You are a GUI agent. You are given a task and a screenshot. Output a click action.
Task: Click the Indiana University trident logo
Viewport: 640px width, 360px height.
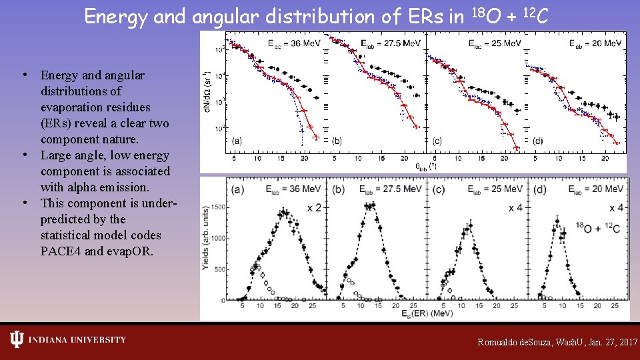pyautogui.click(x=17, y=340)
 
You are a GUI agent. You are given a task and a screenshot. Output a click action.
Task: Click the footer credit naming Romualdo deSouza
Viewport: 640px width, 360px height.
pyautogui.click(x=557, y=341)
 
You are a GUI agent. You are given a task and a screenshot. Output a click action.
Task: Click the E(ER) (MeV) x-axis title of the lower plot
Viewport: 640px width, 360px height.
pyautogui.click(x=414, y=314)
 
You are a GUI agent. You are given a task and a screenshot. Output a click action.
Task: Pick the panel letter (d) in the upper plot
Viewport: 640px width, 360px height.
pyautogui.click(x=537, y=141)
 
